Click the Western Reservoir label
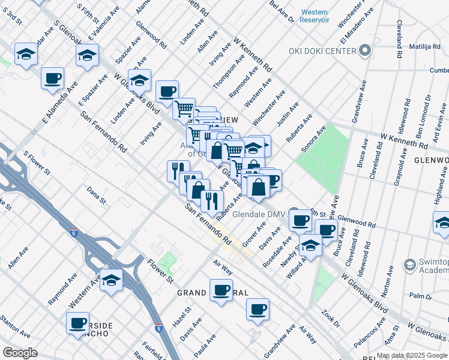315,16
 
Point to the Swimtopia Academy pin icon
410,265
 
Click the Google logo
20,353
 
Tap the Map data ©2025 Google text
411,355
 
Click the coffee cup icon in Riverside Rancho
78,323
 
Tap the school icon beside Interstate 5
112,280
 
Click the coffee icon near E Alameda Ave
52,78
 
